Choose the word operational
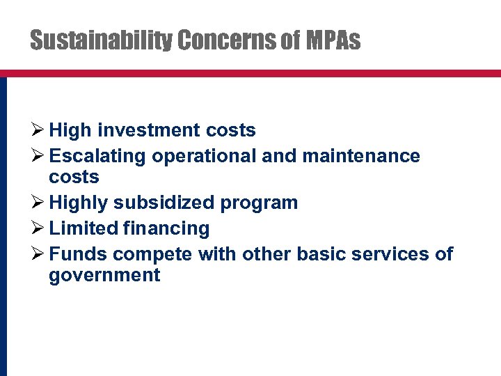pos(204,155)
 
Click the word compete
pos(152,254)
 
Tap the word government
pos(104,276)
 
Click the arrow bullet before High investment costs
pos(38,130)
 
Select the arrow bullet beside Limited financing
pos(38,228)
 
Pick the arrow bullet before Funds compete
pos(38,253)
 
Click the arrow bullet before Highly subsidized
pos(38,203)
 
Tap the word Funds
pos(78,253)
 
